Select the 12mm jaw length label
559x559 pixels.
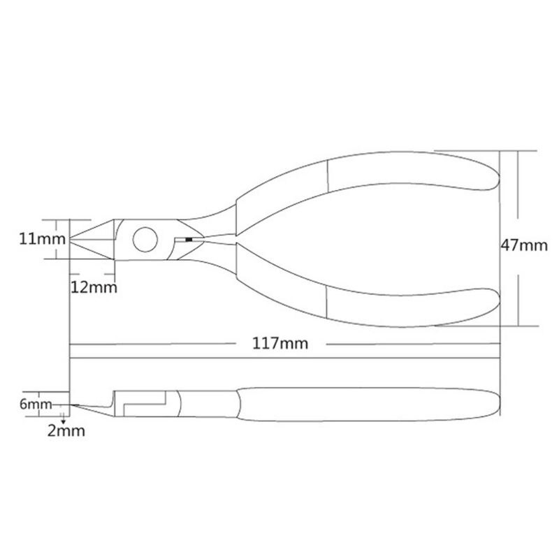point(93,287)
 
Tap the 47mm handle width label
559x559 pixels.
point(524,245)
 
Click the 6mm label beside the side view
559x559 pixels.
point(35,404)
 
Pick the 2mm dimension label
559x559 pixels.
point(66,431)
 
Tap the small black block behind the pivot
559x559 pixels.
point(187,240)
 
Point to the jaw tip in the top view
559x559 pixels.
point(73,240)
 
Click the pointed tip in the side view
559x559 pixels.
point(74,405)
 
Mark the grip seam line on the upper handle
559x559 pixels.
point(328,175)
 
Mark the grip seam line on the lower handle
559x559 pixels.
point(328,302)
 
